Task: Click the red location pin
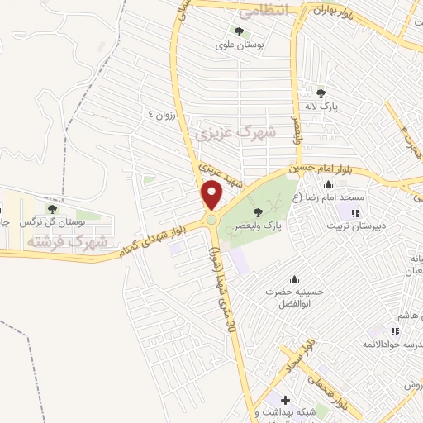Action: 212,195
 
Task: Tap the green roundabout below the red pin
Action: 212,220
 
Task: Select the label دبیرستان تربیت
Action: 356,224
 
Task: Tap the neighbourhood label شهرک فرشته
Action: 68,242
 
